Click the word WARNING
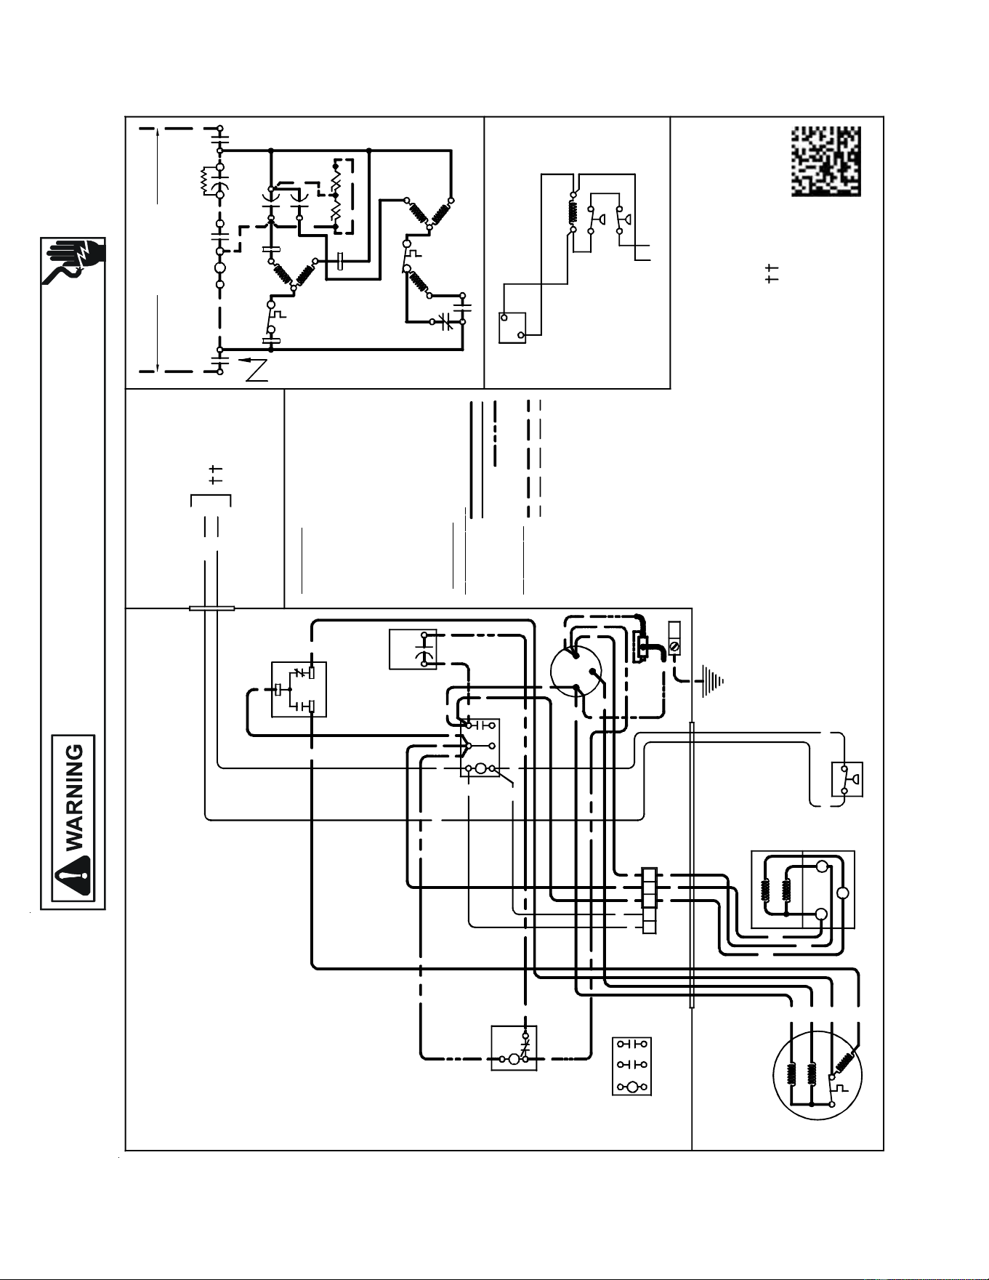(x=75, y=797)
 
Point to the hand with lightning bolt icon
(x=73, y=262)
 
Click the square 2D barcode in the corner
(x=826, y=161)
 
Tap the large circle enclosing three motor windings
(x=817, y=1072)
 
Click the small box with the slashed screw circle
(x=674, y=637)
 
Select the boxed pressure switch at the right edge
(x=847, y=779)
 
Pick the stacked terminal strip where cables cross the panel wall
(x=650, y=901)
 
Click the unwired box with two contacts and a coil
(x=631, y=1066)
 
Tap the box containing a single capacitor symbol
(x=413, y=649)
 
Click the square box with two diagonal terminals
(x=512, y=327)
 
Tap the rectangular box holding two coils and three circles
(x=803, y=890)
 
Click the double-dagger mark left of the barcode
(x=772, y=273)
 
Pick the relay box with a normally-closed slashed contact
(x=299, y=689)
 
